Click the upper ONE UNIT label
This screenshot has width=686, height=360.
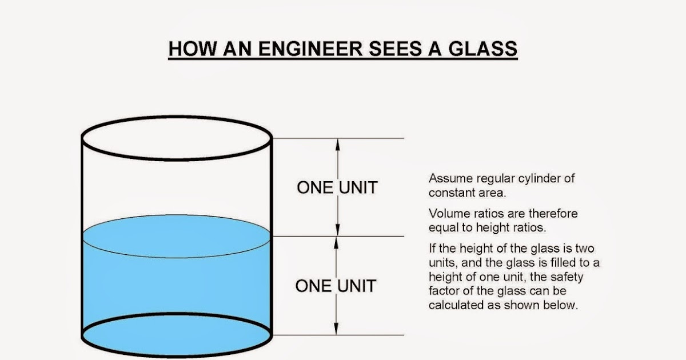[x=337, y=187]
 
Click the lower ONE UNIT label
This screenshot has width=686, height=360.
[x=336, y=286]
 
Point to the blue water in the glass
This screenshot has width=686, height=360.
[x=176, y=286]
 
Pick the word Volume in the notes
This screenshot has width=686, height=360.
[x=446, y=214]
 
